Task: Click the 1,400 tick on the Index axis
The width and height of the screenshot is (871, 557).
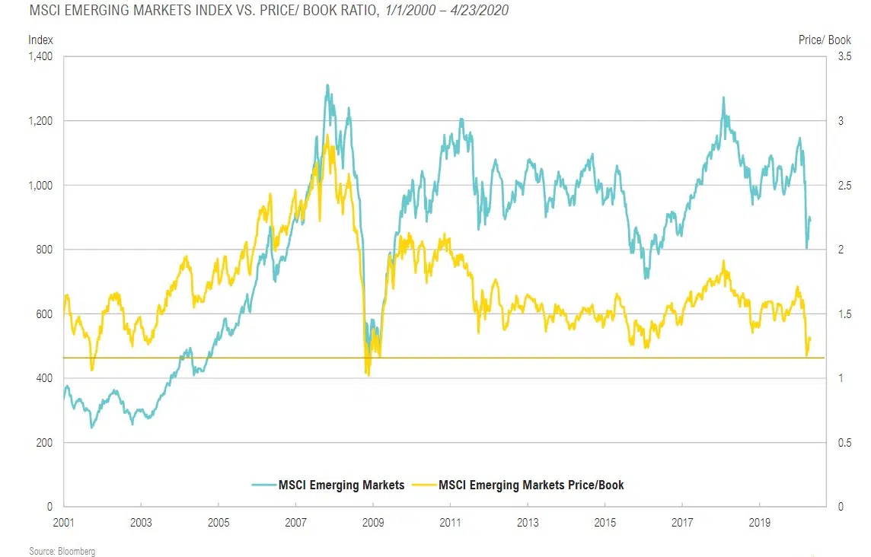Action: tap(39, 56)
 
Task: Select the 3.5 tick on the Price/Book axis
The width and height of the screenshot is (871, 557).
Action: tap(844, 56)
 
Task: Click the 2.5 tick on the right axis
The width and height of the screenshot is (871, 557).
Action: tap(844, 185)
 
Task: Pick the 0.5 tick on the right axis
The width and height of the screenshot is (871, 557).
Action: tap(844, 443)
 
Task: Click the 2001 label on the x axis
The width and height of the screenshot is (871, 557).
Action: tap(64, 524)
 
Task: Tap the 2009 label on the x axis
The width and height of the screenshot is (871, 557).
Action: tap(372, 524)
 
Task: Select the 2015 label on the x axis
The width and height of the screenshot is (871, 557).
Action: tap(605, 524)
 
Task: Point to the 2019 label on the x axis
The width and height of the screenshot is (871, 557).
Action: tap(759, 524)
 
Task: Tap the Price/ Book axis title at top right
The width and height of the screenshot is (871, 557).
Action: tap(825, 40)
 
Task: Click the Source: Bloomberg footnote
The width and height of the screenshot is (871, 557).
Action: tap(62, 550)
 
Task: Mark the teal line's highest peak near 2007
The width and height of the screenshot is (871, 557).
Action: tap(327, 85)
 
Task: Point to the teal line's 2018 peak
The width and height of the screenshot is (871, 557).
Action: tap(723, 97)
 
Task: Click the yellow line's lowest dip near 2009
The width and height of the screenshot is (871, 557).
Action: tap(368, 374)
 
